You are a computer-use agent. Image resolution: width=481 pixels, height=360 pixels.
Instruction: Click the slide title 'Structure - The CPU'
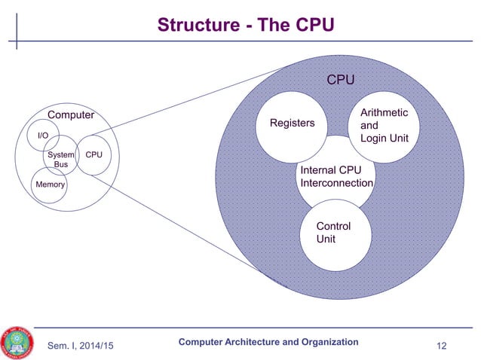click(245, 25)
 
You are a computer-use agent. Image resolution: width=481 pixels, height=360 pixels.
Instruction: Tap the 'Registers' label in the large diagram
click(293, 123)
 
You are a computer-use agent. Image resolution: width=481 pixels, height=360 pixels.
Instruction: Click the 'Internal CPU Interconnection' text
click(336, 176)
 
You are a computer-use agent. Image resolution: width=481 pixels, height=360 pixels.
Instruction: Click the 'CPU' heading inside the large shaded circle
click(340, 80)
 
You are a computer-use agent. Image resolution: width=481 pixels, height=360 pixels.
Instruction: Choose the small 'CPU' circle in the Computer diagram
click(94, 155)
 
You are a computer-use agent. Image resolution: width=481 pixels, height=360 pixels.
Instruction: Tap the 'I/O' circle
click(43, 136)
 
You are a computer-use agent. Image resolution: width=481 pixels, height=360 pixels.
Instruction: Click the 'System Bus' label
click(61, 159)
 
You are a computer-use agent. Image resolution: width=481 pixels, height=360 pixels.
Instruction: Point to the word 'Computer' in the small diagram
click(71, 115)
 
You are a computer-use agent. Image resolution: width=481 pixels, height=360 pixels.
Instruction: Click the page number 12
click(442, 345)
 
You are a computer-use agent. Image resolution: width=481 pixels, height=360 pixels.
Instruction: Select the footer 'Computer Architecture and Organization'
click(268, 342)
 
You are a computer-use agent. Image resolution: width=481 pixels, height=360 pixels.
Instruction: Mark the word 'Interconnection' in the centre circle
click(336, 183)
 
